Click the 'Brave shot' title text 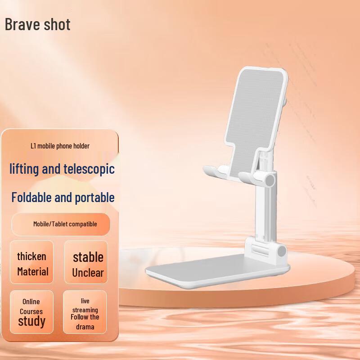38,24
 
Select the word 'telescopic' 88,169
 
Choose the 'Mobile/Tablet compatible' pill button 65,224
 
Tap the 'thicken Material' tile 32,264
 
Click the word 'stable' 88,257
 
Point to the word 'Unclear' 88,273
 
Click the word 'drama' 85,327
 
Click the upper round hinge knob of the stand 270,181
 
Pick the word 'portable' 94,198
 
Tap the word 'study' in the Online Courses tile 31,321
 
